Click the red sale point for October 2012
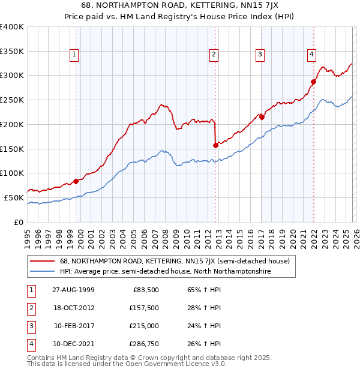(215, 145)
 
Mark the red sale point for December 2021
(313, 82)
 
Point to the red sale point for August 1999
(76, 181)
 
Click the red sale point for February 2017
(262, 117)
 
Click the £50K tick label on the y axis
(14, 197)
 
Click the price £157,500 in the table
(142, 308)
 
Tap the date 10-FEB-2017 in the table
(74, 326)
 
